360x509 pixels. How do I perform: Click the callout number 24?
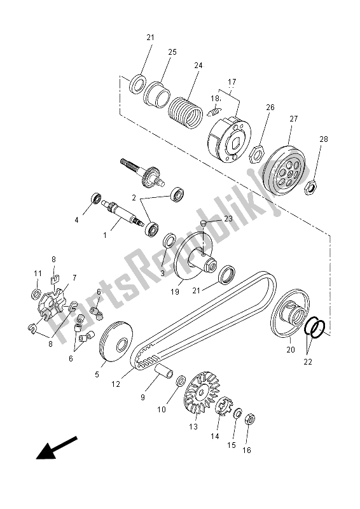(198, 66)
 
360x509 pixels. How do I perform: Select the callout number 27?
(293, 119)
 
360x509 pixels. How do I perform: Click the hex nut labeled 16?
(250, 420)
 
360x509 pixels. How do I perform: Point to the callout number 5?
(97, 375)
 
